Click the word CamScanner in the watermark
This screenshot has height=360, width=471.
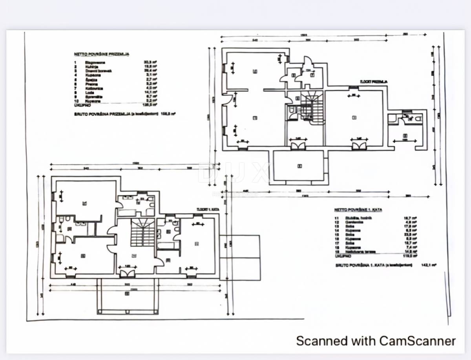pos(418,340)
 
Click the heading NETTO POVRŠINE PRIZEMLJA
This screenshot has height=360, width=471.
pos(102,54)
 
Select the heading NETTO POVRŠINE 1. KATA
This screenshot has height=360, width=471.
pos(358,210)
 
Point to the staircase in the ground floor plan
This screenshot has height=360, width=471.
pos(312,107)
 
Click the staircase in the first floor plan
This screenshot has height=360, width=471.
pos(142,232)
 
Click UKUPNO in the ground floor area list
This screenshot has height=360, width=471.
pos(82,105)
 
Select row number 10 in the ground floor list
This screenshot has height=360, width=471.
pos(76,101)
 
